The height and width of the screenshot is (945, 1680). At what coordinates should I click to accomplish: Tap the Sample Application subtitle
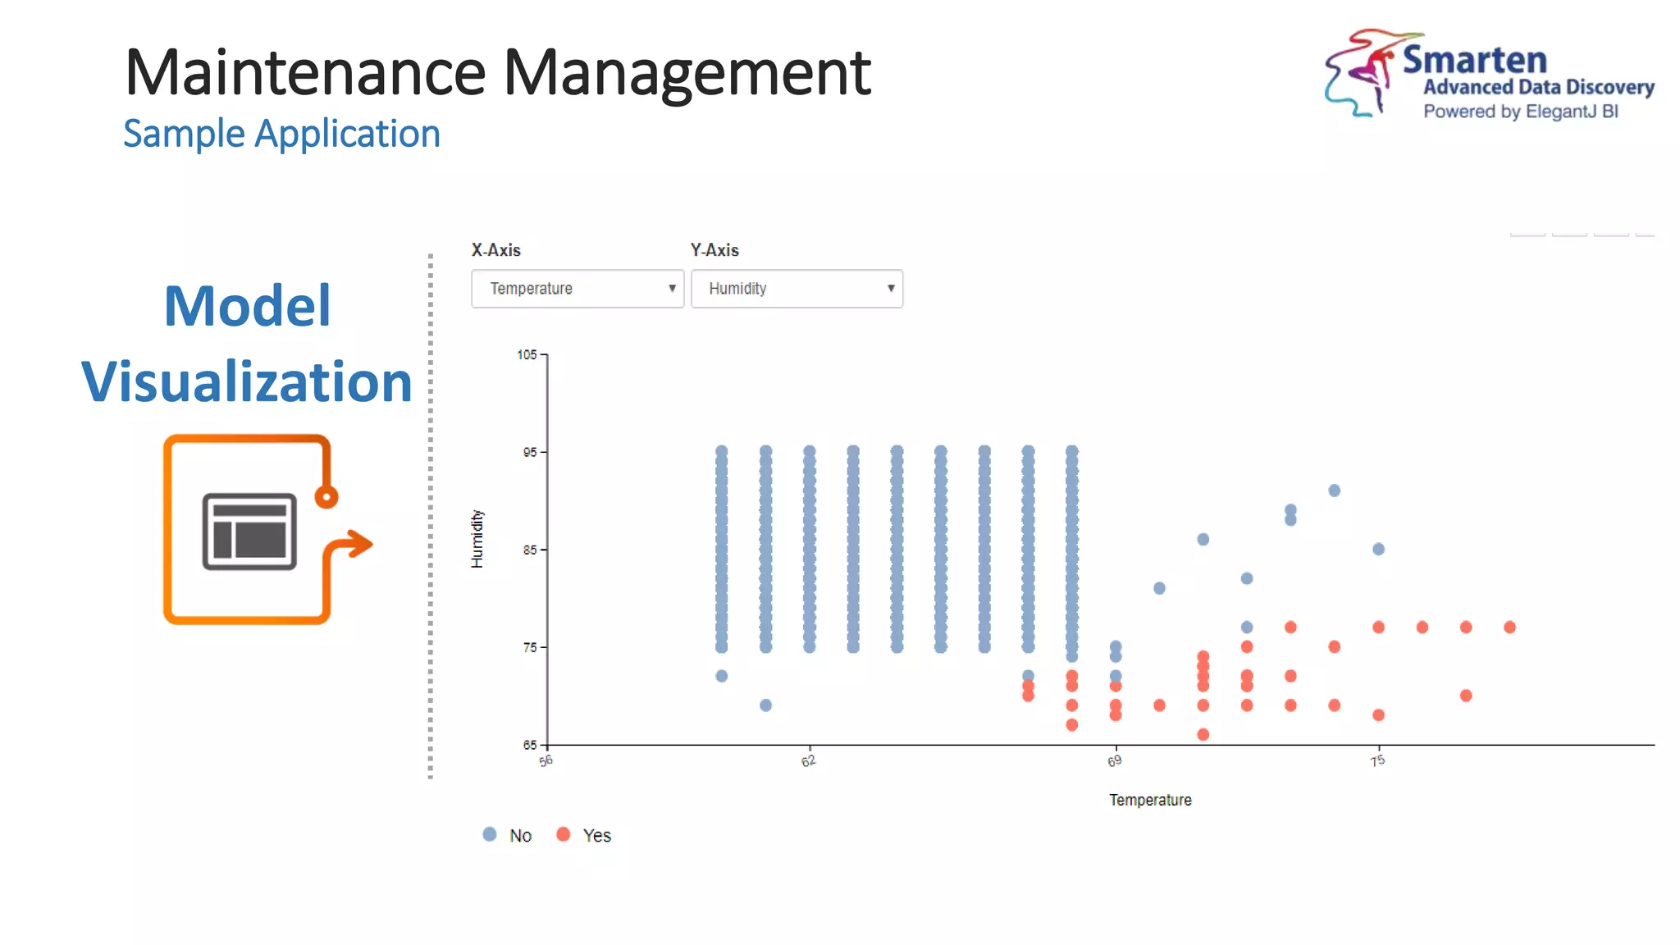pyautogui.click(x=281, y=134)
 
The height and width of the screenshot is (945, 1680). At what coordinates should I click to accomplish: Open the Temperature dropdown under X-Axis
pyautogui.click(x=577, y=289)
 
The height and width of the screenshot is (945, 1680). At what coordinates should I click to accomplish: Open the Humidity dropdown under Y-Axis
pyautogui.click(x=797, y=289)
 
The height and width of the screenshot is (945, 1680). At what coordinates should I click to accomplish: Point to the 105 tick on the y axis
pyautogui.click(x=527, y=354)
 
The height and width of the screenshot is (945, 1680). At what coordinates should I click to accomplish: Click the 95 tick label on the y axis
pyautogui.click(x=530, y=452)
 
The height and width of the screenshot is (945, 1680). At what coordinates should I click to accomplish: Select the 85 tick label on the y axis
pyautogui.click(x=530, y=550)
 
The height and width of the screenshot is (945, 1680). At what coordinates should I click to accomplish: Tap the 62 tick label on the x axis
pyautogui.click(x=809, y=761)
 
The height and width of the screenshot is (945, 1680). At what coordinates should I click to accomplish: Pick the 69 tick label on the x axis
pyautogui.click(x=1114, y=761)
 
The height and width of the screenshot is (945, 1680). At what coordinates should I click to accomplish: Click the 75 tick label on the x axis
pyautogui.click(x=1377, y=761)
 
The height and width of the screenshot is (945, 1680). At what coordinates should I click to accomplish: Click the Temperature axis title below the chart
pyautogui.click(x=1150, y=800)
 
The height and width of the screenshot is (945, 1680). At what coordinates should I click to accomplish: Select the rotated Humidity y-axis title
pyautogui.click(x=477, y=539)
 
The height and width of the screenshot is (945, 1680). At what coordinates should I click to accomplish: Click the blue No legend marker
pyautogui.click(x=490, y=834)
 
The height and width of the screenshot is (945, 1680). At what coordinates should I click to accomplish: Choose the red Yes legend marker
pyautogui.click(x=563, y=834)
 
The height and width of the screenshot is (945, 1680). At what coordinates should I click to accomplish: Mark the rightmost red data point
pyautogui.click(x=1509, y=628)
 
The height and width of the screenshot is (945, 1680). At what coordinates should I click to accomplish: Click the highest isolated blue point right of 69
pyautogui.click(x=1334, y=491)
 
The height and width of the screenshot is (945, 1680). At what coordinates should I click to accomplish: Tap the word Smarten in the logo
pyautogui.click(x=1474, y=60)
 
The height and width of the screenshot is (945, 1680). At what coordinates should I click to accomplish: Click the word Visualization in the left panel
pyautogui.click(x=247, y=381)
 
